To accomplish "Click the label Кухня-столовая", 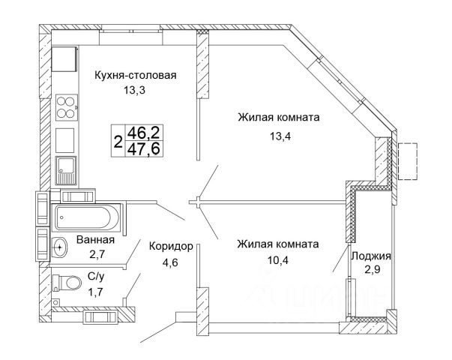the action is pos(135,75).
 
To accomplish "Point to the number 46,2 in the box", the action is pos(144,132).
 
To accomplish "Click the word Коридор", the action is pos(172,245).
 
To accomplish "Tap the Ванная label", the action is pos(95,240).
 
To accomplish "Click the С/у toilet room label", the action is pos(95,277).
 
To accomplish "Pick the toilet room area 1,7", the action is pos(95,291).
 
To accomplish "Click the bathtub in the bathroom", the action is pos(83,217).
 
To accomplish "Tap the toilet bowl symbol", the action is pos(70,283).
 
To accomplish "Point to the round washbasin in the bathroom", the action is pos(59,244).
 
